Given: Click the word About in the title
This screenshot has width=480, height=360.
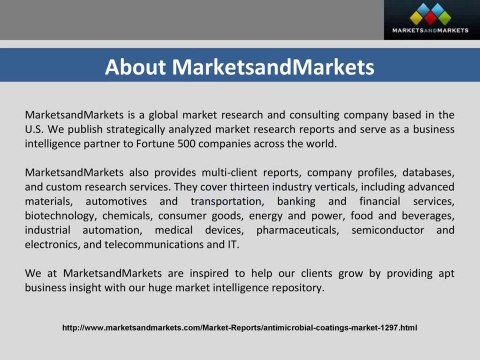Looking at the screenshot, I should point(136,68).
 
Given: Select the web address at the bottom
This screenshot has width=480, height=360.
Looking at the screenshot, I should point(239,328).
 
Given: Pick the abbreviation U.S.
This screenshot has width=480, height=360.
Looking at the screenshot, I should point(36,128).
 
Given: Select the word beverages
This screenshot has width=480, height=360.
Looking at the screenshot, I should point(425,217).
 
